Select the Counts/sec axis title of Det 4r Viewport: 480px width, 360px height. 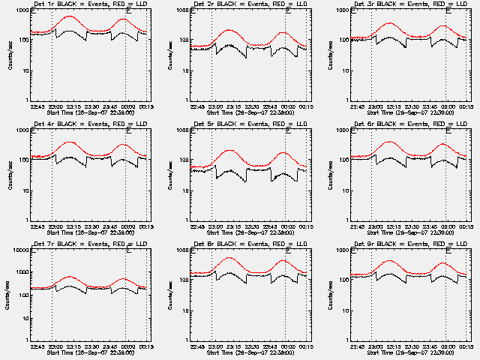(x=10, y=175)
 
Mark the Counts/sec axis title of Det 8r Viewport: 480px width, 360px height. (x=169, y=295)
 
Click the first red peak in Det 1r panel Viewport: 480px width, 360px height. (x=70, y=16)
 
